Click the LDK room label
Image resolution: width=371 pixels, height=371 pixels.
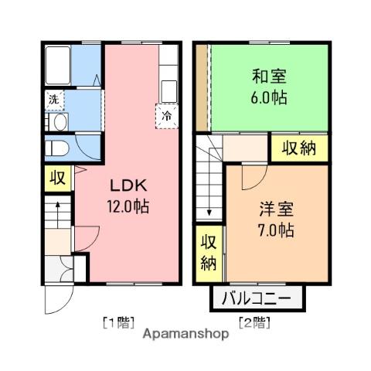tap(128, 185)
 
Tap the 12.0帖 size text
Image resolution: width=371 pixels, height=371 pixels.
tap(128, 206)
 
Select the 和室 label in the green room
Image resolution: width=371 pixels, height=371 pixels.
tap(269, 77)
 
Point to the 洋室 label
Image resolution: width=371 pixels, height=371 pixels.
tap(276, 209)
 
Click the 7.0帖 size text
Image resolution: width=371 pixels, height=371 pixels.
tap(276, 230)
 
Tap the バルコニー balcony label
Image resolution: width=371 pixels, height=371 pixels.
tap(257, 298)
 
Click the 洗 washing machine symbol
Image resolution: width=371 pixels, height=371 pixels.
tap(54, 100)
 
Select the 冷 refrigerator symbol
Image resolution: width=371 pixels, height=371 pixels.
tap(167, 117)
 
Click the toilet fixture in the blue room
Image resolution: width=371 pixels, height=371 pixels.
tap(57, 148)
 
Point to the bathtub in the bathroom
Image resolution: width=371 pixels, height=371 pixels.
tap(58, 66)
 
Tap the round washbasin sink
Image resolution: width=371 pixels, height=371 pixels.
tap(61, 122)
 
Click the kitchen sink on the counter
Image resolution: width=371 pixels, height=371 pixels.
tap(169, 91)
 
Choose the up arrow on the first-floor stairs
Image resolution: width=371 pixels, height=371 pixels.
tap(58, 215)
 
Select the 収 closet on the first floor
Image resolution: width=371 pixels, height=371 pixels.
tap(58, 179)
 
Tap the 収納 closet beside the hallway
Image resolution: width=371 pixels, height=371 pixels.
tap(299, 148)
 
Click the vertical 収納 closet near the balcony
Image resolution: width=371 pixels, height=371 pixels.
tap(209, 253)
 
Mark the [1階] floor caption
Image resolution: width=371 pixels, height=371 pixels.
tap(119, 323)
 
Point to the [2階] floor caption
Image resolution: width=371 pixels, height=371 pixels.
tap(255, 323)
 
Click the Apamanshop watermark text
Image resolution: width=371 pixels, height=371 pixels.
tap(185, 334)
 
